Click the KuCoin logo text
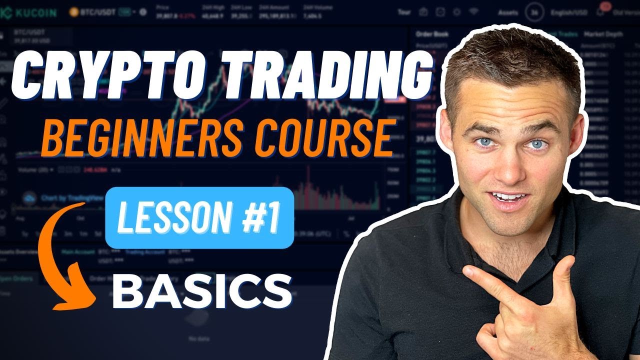pos(30,11)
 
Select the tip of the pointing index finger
pos(467,273)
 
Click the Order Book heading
pos(432,34)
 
